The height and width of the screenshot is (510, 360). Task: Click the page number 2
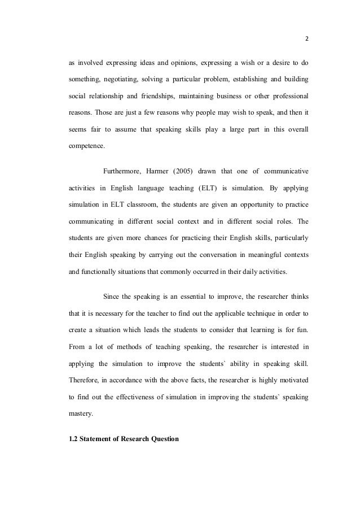pyautogui.click(x=308, y=40)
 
